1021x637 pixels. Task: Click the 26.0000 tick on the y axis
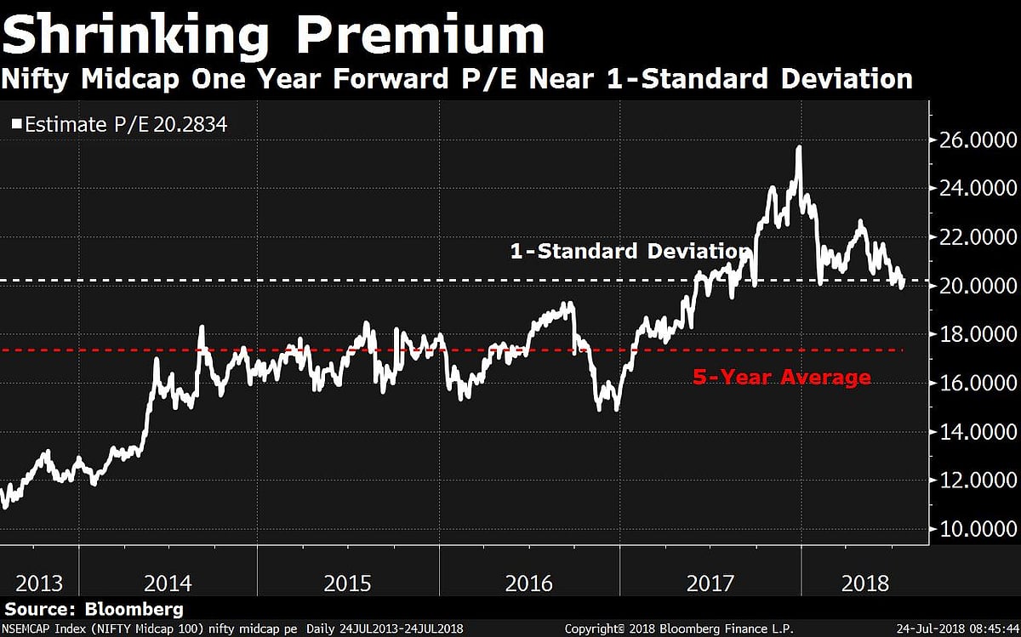pyautogui.click(x=976, y=139)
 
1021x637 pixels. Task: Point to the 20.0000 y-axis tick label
pyautogui.click(x=976, y=287)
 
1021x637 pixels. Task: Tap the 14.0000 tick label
pyautogui.click(x=976, y=433)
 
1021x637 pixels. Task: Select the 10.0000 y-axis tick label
pyautogui.click(x=976, y=530)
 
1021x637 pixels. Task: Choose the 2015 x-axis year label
pyautogui.click(x=347, y=583)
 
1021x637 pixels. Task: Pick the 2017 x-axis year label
pyautogui.click(x=710, y=583)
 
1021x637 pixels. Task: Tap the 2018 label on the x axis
pyautogui.click(x=866, y=583)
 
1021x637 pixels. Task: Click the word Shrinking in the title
pyautogui.click(x=136, y=36)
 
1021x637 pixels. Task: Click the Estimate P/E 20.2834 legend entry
pyautogui.click(x=126, y=124)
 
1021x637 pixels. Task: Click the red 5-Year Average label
pyautogui.click(x=781, y=377)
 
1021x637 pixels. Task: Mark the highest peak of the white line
pyautogui.click(x=799, y=147)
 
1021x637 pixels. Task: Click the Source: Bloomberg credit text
pyautogui.click(x=94, y=610)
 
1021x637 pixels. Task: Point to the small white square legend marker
pyautogui.click(x=17, y=125)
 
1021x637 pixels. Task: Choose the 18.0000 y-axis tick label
pyautogui.click(x=976, y=335)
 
